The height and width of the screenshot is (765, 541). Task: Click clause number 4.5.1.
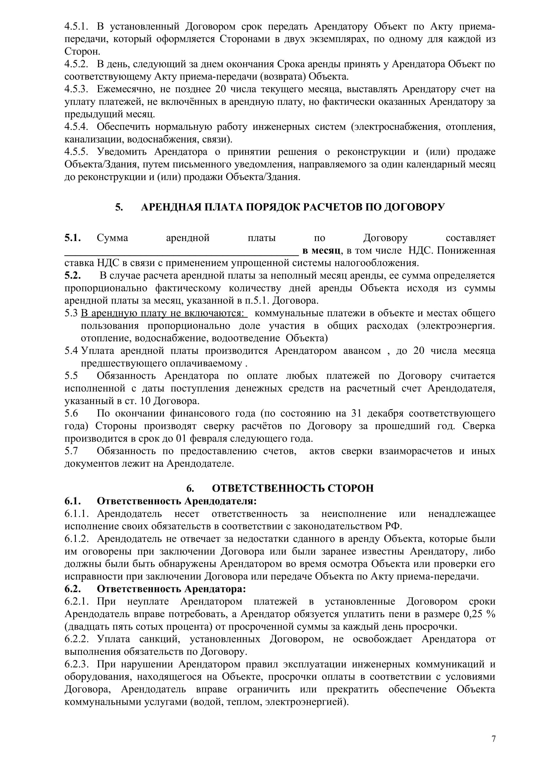tap(76, 26)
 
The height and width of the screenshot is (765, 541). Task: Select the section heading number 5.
tap(119, 207)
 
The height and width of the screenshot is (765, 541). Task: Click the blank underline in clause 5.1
tap(181, 252)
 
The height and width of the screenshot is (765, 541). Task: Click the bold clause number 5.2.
tap(73, 275)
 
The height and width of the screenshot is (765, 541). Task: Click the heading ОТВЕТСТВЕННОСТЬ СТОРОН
tap(292, 488)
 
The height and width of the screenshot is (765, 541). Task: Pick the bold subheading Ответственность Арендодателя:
tap(177, 501)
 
